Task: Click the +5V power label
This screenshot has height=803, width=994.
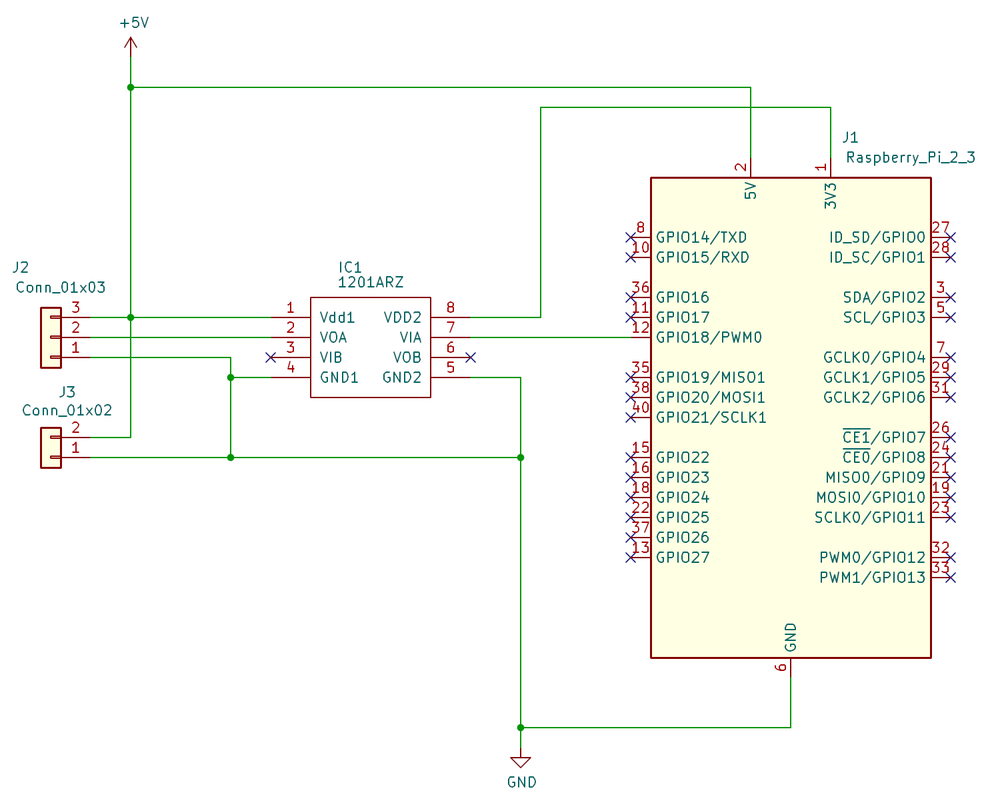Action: [x=134, y=23]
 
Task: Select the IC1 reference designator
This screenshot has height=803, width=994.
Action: [x=349, y=267]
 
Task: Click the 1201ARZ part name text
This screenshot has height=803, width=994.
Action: [x=371, y=283]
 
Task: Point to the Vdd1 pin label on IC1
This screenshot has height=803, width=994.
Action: [x=337, y=317]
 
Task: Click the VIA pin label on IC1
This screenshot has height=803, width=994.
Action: [x=410, y=337]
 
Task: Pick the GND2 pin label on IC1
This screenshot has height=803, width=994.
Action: [x=402, y=377]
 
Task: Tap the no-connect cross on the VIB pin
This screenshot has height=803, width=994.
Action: [x=271, y=357]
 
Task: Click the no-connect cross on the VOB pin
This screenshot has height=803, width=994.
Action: [x=471, y=357]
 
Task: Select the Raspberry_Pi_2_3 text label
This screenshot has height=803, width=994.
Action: [x=911, y=158]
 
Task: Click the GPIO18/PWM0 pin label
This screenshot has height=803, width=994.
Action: [x=709, y=337]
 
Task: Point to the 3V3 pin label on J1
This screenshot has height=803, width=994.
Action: [x=830, y=195]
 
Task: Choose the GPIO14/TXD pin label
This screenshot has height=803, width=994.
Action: [x=701, y=237]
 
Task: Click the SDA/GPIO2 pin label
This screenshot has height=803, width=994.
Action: [x=884, y=297]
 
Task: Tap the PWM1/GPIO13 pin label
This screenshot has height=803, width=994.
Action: [x=872, y=578]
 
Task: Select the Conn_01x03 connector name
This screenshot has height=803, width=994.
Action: [x=61, y=287]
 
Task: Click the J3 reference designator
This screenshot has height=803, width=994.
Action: [x=67, y=391]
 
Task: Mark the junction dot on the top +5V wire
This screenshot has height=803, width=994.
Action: [x=131, y=87]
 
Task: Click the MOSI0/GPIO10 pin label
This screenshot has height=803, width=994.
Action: [x=871, y=498]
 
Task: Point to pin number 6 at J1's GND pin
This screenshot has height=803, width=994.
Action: [x=781, y=667]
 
